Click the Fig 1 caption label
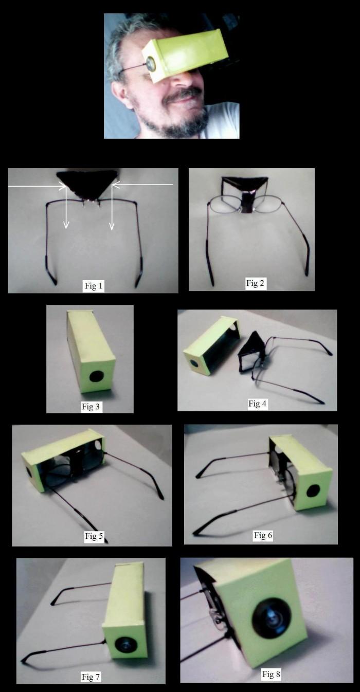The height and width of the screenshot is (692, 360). pos(94,286)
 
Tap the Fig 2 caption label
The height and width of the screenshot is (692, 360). pos(256,283)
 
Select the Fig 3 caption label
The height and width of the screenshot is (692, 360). pos(91,407)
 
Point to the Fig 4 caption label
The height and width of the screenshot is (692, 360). pos(258,404)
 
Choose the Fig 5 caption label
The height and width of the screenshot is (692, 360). pos(94,536)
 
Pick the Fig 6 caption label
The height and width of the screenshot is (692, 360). pos(263,535)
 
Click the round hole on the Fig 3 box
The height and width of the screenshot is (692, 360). pos(97,377)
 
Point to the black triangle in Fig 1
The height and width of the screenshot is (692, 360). pos(88,184)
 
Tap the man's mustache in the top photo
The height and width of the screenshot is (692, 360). pos(183,95)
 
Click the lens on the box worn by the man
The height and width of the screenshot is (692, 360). pos(151,64)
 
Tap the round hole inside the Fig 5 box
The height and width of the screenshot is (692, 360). pos(98,445)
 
